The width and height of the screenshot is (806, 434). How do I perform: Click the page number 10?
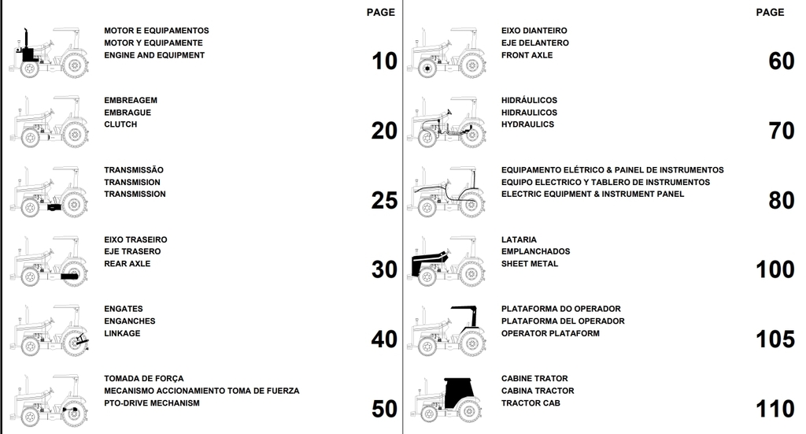(384, 61)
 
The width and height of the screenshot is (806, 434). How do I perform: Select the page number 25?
(384, 201)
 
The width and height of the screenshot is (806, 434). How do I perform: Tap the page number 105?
(775, 339)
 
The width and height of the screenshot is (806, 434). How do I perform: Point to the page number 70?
(782, 131)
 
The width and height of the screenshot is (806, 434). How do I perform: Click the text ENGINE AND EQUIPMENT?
(154, 55)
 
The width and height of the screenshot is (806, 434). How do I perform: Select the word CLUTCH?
(120, 124)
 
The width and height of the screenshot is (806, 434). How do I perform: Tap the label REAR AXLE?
(128, 264)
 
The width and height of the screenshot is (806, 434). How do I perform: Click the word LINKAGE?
(122, 333)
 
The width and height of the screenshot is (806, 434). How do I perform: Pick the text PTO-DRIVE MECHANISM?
(152, 403)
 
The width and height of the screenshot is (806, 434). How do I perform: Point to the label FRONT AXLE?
(527, 55)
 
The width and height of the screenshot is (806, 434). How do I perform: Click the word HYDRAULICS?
(528, 124)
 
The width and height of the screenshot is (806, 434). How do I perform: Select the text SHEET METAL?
(530, 264)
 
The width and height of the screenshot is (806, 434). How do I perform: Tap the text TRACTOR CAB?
(531, 403)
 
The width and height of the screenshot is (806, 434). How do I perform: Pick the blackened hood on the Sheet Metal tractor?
(428, 261)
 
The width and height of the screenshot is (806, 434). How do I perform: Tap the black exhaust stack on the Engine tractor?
(26, 40)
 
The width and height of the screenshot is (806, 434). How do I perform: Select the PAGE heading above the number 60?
(770, 13)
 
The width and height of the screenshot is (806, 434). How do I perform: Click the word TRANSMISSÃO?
(134, 169)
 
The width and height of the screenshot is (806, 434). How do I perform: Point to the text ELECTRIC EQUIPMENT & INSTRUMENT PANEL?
(593, 194)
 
